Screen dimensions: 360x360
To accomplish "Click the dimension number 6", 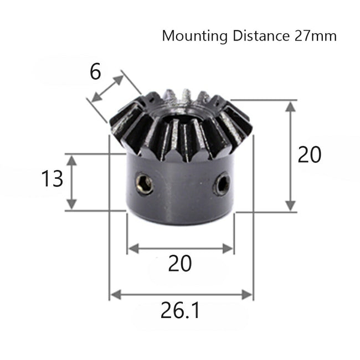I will (x=96, y=72).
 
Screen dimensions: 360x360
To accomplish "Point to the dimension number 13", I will (x=53, y=179).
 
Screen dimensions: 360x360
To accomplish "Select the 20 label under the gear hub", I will (x=180, y=264).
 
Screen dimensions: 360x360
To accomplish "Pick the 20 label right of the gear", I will (x=309, y=156).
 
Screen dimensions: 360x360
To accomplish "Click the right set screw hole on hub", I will (x=223, y=184).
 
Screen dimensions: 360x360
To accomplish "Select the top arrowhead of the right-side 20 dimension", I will (x=289, y=105).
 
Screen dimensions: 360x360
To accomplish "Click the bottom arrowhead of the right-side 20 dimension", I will (x=289, y=206).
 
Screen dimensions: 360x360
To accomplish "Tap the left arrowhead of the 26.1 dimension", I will (x=114, y=294).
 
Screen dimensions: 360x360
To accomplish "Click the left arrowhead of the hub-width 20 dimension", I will (x=131, y=249).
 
